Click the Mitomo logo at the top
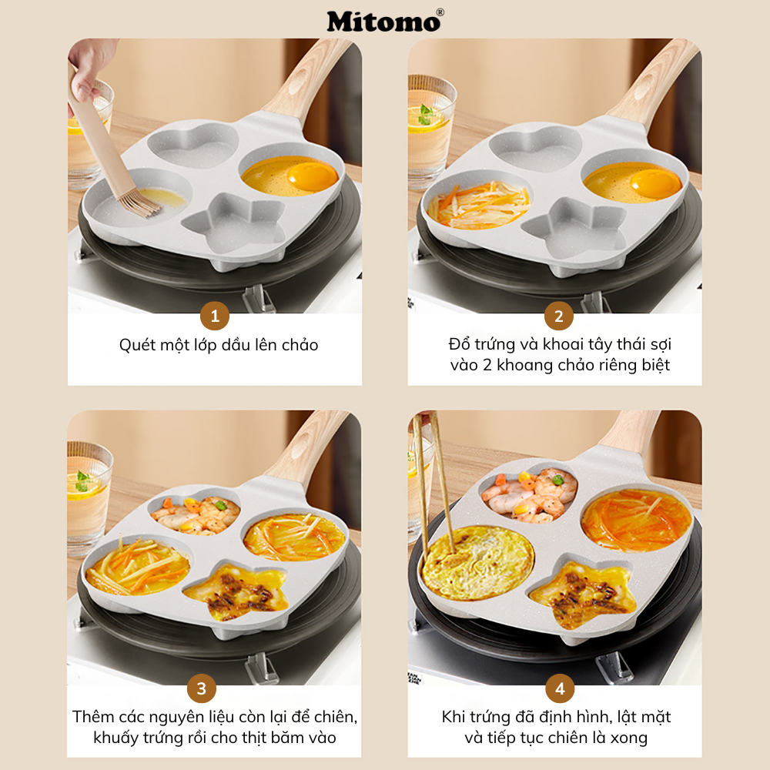tap(383, 21)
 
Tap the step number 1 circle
tap(215, 316)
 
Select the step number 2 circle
tap(558, 316)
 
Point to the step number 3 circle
tap(201, 688)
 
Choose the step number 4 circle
tap(558, 688)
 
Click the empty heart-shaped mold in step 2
tap(535, 146)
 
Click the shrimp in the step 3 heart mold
tap(194, 514)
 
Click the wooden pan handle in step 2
tap(654, 85)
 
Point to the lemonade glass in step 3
tap(87, 493)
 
